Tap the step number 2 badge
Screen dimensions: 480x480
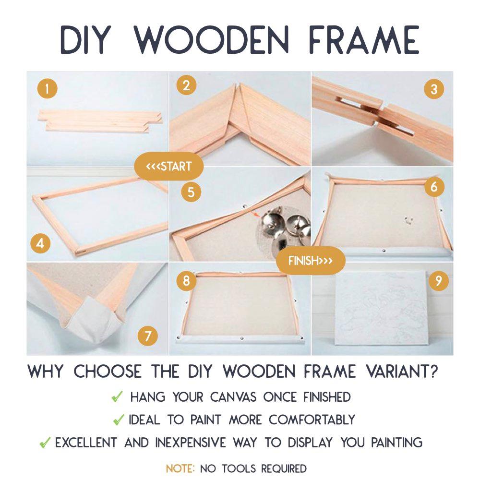[x=186, y=85]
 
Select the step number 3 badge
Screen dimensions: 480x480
[x=433, y=89]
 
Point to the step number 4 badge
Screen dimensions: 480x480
[x=40, y=243]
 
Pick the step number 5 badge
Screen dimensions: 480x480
[x=191, y=192]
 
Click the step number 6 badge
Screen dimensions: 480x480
[x=434, y=187]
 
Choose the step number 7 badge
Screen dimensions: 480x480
[x=148, y=336]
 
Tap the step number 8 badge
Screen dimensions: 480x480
[x=186, y=280]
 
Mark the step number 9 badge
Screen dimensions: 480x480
[x=438, y=281]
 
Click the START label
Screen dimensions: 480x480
[x=169, y=167]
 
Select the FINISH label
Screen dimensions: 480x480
[x=311, y=261]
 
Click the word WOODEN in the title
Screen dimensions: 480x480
[x=211, y=39]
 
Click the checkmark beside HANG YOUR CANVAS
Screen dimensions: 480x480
[x=117, y=397]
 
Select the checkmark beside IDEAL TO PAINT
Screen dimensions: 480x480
[x=118, y=420]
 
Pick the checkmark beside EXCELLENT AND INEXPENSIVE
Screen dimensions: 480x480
[x=45, y=443]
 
